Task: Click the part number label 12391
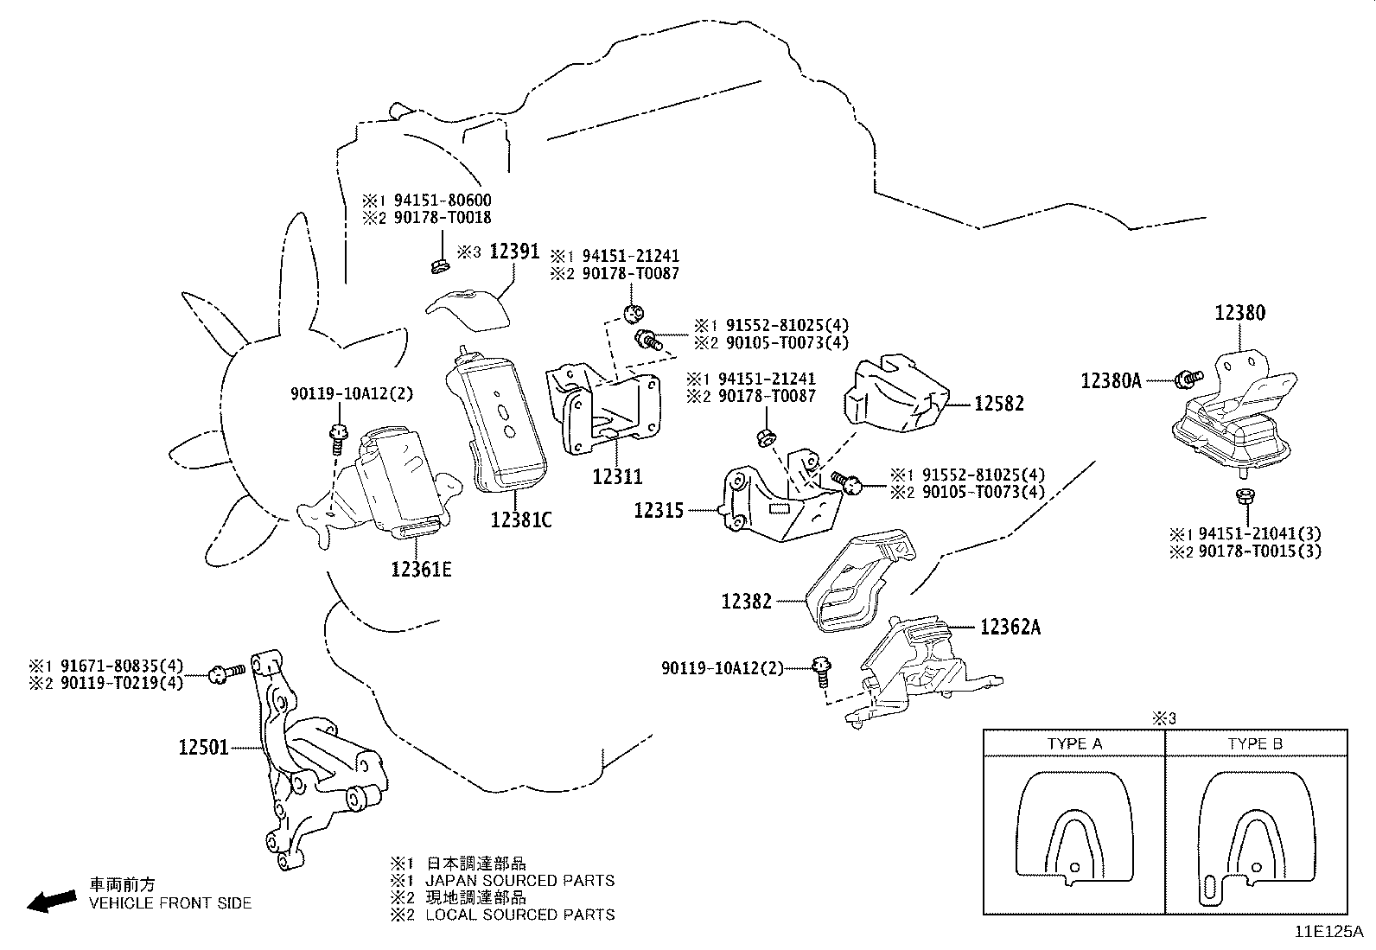(x=514, y=252)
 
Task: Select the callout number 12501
(x=203, y=748)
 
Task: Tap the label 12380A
(x=1112, y=381)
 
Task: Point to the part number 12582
(x=999, y=404)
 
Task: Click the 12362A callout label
(x=1010, y=628)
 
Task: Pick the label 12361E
(x=422, y=570)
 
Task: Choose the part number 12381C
(x=521, y=520)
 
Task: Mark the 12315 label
(x=659, y=510)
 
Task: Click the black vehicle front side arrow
(x=52, y=901)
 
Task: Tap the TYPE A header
(x=1075, y=743)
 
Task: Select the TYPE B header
(x=1256, y=743)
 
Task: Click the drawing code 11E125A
(x=1329, y=932)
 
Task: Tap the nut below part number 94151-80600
(x=438, y=266)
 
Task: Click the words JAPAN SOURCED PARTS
(x=519, y=881)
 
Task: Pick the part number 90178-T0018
(x=443, y=218)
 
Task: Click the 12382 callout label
(x=747, y=601)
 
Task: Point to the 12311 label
(x=617, y=476)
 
